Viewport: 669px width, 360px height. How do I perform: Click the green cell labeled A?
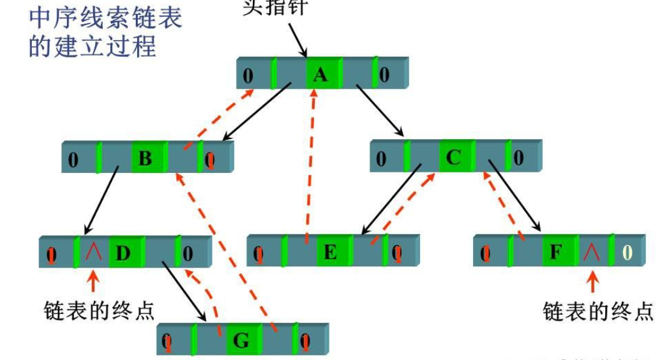[321, 75]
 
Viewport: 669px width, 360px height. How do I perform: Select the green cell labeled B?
[146, 158]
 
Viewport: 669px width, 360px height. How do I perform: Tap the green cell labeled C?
[454, 157]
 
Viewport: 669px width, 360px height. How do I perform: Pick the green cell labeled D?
[123, 253]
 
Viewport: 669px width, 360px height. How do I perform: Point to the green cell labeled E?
[331, 252]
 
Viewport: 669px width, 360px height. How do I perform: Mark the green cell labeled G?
[241, 340]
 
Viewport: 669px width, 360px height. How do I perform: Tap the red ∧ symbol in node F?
[591, 253]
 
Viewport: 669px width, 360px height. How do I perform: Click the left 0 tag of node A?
[248, 76]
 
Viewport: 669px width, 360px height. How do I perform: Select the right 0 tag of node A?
[384, 75]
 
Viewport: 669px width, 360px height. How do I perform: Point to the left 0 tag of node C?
[381, 158]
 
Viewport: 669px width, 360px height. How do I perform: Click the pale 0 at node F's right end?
[628, 253]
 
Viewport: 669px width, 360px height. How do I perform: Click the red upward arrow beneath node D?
[93, 281]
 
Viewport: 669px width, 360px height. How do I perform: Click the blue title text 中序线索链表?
[105, 17]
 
